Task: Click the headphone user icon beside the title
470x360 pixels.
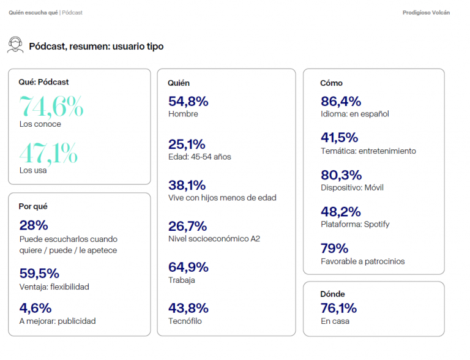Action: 15,45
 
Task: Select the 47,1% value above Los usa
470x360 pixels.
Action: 48,153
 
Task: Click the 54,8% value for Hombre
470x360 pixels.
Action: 188,101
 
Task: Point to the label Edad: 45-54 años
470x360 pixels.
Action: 200,157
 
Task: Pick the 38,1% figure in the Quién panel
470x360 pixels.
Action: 187,185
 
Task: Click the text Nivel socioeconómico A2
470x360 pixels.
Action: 214,239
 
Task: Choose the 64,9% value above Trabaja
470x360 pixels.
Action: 188,267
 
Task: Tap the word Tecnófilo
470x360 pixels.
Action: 185,321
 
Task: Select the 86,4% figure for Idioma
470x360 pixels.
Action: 341,101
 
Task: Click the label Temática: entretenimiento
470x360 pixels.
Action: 368,151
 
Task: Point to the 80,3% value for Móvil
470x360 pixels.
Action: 341,175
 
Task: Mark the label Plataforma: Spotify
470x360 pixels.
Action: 355,224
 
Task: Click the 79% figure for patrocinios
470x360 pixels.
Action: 334,249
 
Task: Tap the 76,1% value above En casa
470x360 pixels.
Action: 338,308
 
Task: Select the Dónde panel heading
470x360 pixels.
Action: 332,294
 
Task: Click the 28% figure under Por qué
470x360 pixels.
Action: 33,225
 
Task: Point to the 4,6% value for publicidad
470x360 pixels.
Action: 35,308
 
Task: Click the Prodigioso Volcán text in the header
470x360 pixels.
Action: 426,12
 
